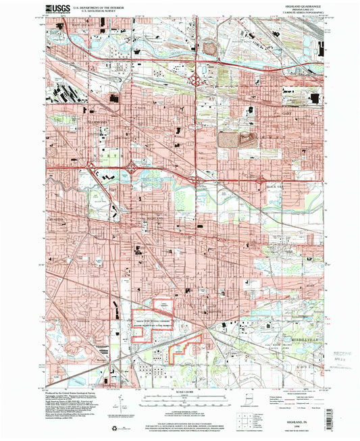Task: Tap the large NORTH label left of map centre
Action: point(109,157)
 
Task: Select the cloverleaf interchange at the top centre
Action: point(197,80)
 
